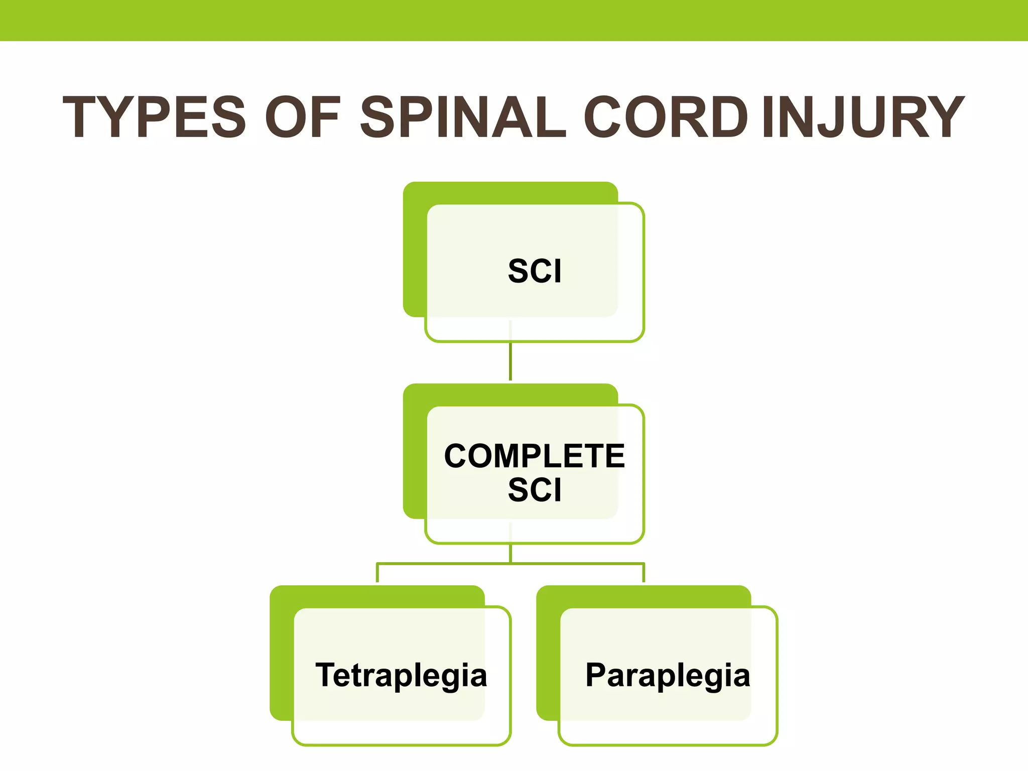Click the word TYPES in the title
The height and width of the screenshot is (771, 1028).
point(155,117)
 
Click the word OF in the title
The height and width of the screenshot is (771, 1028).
point(303,117)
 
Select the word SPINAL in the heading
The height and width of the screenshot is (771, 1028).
point(463,117)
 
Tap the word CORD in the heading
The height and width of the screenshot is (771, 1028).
point(666,117)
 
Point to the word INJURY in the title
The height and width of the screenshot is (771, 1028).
point(862,117)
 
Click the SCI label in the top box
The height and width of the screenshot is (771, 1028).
point(535,272)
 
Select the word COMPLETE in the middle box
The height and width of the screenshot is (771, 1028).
point(535,456)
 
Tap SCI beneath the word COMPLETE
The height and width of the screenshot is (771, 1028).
point(535,490)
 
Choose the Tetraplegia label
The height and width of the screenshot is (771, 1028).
point(401,675)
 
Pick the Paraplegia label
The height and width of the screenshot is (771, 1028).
point(668,675)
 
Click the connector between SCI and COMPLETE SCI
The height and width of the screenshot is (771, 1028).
point(510,361)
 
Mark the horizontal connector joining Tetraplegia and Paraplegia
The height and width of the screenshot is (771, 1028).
point(510,564)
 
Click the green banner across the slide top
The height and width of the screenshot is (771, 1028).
point(514,20)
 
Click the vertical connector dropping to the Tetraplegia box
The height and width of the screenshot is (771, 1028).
point(377,573)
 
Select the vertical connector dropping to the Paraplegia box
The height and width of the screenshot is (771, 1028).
point(644,573)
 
